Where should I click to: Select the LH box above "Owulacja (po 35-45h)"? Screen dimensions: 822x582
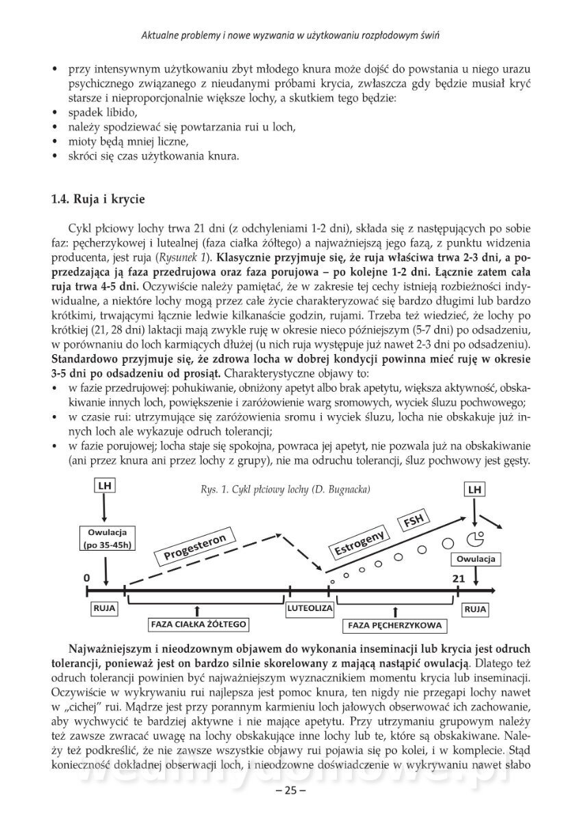pyautogui.click(x=105, y=487)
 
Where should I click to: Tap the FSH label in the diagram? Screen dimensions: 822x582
pyautogui.click(x=414, y=521)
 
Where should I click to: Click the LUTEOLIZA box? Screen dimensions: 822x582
pyautogui.click(x=310, y=608)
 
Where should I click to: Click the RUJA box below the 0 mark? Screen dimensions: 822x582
pyautogui.click(x=103, y=608)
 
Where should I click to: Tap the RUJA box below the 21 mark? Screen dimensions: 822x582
pyautogui.click(x=475, y=608)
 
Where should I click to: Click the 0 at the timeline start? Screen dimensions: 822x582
pyautogui.click(x=87, y=578)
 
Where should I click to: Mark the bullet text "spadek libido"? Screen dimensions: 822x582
pyautogui.click(x=102, y=112)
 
